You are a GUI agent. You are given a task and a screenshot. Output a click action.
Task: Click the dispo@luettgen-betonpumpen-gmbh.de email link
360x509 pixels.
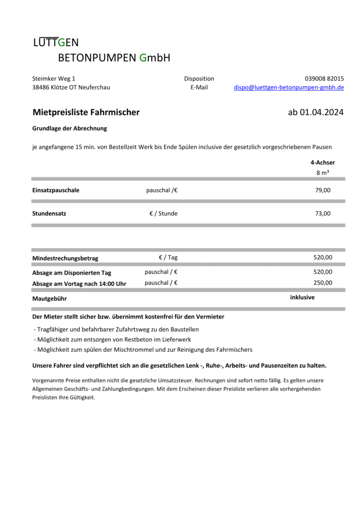click(x=289, y=87)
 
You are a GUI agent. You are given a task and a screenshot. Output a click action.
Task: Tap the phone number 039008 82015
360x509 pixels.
click(x=324, y=79)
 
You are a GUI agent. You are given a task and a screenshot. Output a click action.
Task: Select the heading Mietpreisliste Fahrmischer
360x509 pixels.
click(x=86, y=112)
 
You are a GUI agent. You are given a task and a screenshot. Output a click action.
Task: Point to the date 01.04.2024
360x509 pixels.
click(x=322, y=112)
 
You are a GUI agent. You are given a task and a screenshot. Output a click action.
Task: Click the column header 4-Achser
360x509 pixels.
click(x=322, y=163)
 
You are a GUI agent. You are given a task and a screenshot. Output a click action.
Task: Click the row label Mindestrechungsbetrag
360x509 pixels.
click(x=65, y=258)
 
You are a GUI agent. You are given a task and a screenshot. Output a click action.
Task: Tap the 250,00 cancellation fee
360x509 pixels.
click(x=323, y=282)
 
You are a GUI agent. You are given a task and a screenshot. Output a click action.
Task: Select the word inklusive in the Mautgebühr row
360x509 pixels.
click(x=302, y=297)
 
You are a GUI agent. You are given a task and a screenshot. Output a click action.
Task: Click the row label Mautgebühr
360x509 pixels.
click(x=49, y=299)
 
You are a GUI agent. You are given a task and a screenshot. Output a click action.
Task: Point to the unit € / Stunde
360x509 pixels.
click(x=163, y=214)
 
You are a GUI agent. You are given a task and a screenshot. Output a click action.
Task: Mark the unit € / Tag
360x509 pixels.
click(x=168, y=257)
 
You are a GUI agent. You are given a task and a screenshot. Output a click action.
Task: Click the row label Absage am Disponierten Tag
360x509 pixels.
click(x=72, y=273)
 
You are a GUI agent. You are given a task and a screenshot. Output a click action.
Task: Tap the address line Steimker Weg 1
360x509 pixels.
click(x=54, y=79)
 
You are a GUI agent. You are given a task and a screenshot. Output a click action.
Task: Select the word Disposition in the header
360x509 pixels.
click(x=199, y=79)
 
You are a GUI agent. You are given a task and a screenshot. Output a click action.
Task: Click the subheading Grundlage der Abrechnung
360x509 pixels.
click(x=70, y=128)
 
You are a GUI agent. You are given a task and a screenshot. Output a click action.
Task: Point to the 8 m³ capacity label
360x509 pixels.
click(x=323, y=172)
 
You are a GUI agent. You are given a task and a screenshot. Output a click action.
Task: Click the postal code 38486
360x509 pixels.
click(x=41, y=87)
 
